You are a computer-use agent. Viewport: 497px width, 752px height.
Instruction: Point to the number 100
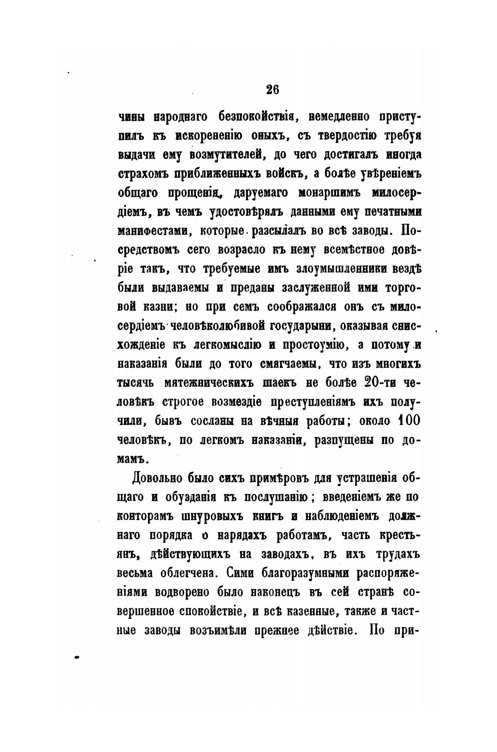pos(408,421)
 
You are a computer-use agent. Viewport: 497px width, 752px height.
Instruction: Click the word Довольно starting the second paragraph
pos(157,478)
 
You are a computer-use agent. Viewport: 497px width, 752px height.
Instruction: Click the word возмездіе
pos(231,402)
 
